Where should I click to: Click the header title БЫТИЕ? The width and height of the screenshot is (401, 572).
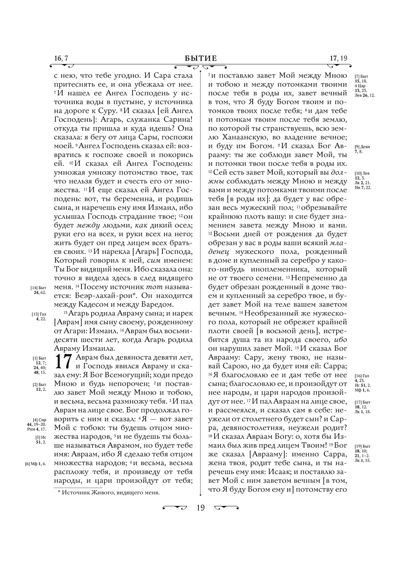tap(200, 59)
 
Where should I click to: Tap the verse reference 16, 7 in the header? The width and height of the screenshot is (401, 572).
tap(61, 59)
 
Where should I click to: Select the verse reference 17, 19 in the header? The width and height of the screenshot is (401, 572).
tap(338, 59)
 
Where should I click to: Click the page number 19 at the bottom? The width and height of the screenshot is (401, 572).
tap(200, 508)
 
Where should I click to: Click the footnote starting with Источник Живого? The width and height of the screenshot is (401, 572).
tap(109, 492)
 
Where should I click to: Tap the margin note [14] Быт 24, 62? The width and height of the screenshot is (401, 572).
tap(39, 290)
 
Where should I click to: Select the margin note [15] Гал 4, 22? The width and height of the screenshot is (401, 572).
tap(39, 317)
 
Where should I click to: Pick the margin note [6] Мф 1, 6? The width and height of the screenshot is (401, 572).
tap(36, 464)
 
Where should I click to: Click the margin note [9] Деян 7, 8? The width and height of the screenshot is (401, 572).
tap(362, 149)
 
